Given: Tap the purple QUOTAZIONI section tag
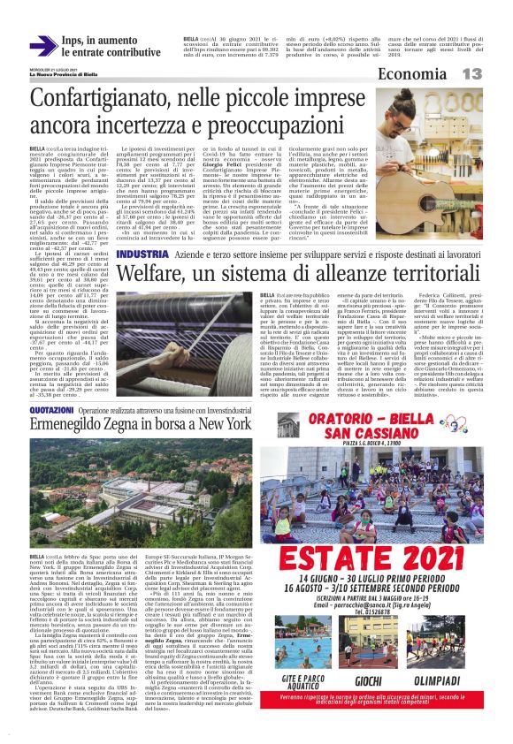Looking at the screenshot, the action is click(52, 412).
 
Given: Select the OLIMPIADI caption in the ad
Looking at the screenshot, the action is click(448, 683).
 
